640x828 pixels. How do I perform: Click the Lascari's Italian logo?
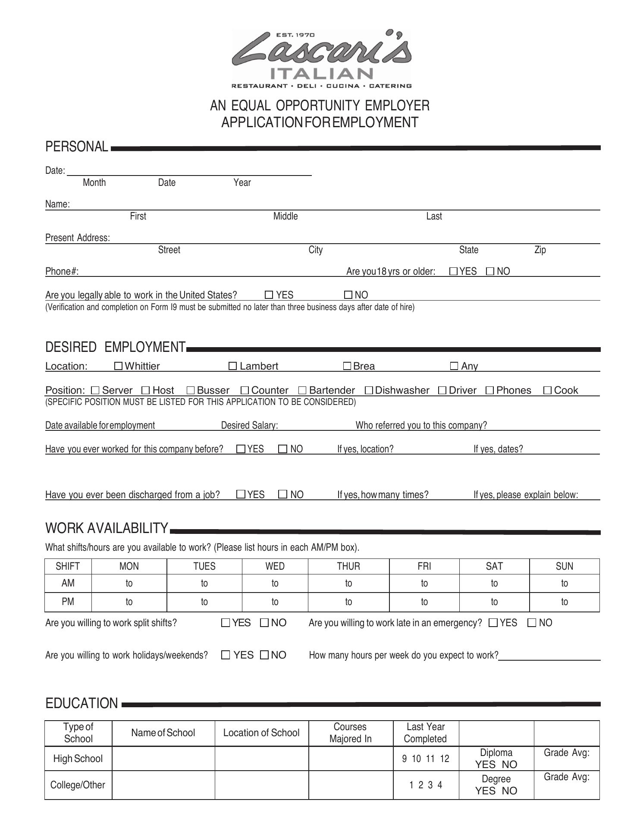coord(321,58)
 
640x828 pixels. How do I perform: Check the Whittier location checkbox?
coord(118,366)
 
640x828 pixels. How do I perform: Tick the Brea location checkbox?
coord(347,366)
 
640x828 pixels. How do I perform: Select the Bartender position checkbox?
coord(302,390)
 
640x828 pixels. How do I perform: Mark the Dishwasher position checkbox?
coord(369,390)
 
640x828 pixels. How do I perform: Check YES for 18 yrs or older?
coord(453,271)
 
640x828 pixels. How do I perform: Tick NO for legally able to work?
coord(348,295)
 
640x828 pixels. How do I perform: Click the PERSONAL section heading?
coord(77,147)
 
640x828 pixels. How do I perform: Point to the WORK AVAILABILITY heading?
coord(107,528)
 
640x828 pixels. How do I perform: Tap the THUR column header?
coord(348,566)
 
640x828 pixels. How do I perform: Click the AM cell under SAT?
coord(494,583)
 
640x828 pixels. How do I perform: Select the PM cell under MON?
coord(129,602)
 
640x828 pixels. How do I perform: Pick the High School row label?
coord(78,759)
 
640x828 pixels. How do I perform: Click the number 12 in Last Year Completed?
coord(445,759)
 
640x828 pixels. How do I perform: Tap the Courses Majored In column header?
coord(350,733)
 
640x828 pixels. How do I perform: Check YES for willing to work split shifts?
coord(226,623)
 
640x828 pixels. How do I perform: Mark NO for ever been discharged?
coord(283,494)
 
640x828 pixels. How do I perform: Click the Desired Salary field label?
coord(249,425)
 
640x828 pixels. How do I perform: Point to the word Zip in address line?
coord(540,250)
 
